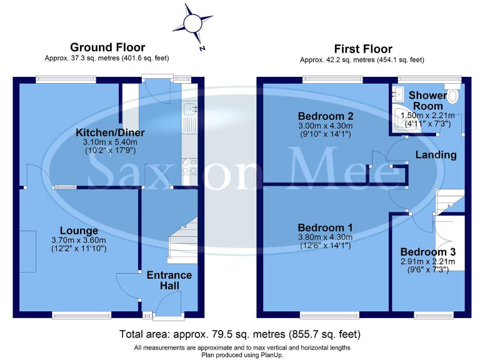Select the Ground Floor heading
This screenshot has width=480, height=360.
(107, 47)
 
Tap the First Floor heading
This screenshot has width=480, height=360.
(363, 49)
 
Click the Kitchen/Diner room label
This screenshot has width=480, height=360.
(110, 132)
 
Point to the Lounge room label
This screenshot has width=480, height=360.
(79, 231)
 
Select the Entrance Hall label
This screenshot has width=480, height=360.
(169, 280)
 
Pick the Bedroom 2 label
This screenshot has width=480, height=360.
(325, 116)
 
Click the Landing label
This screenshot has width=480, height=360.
(437, 154)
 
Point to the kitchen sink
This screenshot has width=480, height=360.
(189, 113)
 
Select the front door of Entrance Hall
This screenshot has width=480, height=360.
(164, 306)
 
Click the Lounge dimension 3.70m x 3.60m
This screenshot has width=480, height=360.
(79, 240)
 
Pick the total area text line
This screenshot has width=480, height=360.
(240, 334)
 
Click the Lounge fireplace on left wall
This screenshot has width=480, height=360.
(27, 251)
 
